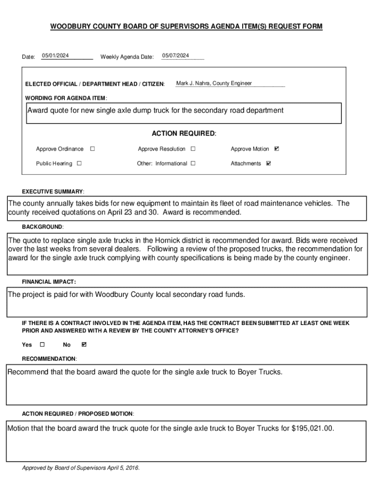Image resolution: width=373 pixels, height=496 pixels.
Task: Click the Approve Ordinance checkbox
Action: point(93,149)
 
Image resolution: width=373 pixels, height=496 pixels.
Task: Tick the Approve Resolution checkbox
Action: point(193,149)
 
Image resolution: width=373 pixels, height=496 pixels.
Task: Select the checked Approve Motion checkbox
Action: point(277,149)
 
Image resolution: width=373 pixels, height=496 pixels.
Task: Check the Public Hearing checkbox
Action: point(79,163)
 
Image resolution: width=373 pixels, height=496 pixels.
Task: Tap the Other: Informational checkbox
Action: point(193,163)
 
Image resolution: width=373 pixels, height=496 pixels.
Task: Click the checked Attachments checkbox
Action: point(269,163)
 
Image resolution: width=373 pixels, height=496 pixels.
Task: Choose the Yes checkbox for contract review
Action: point(42,344)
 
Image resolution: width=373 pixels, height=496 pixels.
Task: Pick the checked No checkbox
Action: point(84,344)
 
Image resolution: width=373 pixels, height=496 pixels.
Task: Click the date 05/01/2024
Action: point(55,56)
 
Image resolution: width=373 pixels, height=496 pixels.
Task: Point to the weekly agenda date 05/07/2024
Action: point(175,56)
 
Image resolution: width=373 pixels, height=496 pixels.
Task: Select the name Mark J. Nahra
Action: point(193,83)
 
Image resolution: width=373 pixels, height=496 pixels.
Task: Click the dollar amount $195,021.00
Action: point(312,429)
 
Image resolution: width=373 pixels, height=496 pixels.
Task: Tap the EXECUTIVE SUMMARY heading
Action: point(53,191)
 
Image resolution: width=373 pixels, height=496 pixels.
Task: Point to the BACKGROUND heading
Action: point(43,227)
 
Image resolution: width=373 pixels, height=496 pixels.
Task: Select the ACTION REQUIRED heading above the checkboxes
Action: point(184,133)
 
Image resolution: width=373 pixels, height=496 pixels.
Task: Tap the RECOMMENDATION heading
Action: point(49,359)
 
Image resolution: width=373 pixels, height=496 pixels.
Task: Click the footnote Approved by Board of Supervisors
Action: point(81,468)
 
